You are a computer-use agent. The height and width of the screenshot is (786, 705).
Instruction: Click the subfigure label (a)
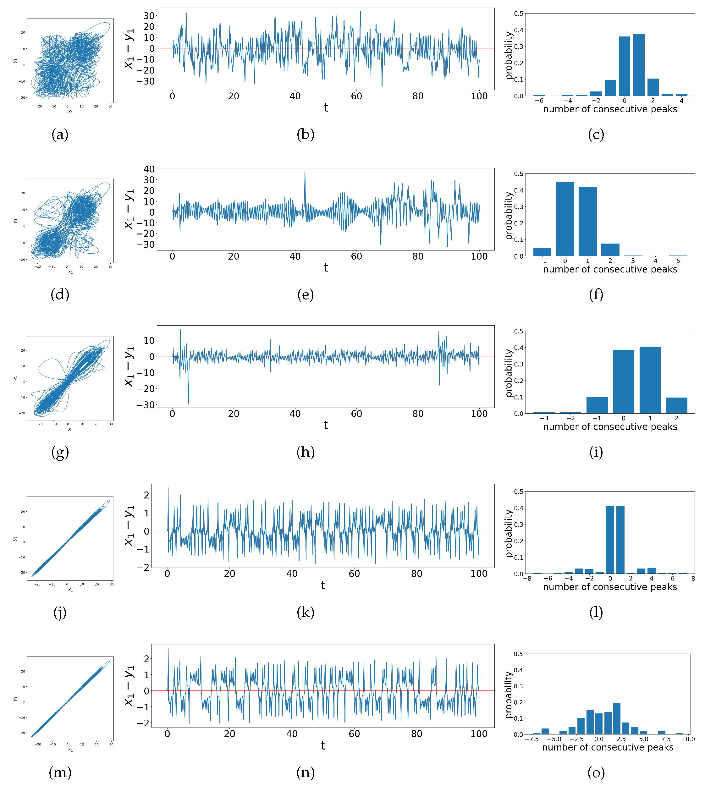click(60, 135)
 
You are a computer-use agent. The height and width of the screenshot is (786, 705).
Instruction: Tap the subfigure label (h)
click(305, 452)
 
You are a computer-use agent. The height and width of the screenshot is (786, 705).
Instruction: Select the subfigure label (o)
click(596, 772)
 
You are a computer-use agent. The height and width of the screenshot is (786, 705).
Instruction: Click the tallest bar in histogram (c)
click(639, 65)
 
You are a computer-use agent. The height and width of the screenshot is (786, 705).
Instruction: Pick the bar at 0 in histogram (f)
click(565, 219)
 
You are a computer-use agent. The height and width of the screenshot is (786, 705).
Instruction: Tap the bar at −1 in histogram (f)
click(542, 252)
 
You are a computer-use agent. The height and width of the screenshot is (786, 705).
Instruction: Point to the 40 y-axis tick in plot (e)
click(149, 169)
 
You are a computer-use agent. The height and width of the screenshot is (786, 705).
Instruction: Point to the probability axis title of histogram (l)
click(509, 533)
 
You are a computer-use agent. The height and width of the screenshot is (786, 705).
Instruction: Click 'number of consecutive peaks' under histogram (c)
click(610, 109)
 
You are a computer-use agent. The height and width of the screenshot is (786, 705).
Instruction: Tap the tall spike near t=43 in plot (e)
click(305, 173)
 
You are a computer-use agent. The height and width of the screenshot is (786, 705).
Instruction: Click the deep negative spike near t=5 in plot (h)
click(189, 403)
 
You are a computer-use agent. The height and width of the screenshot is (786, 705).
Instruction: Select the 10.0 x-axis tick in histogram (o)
click(688, 739)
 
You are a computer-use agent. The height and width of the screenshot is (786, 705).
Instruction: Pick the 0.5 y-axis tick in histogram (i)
click(518, 331)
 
